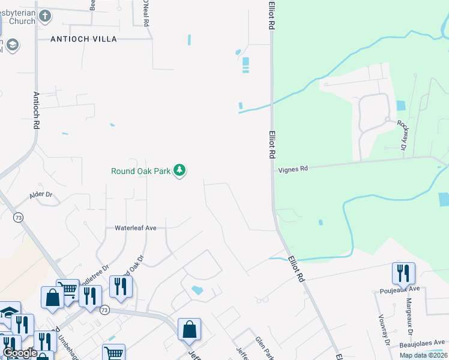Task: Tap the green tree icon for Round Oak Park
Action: click(179, 171)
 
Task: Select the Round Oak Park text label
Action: click(141, 171)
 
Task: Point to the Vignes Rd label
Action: click(293, 169)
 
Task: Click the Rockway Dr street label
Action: click(402, 135)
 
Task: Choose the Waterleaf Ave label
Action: click(135, 228)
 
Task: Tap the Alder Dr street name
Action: click(41, 195)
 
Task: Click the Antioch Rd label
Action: click(37, 110)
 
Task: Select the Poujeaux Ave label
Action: click(397, 289)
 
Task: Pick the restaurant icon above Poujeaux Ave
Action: click(403, 273)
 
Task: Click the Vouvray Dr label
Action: click(384, 330)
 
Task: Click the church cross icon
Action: click(44, 15)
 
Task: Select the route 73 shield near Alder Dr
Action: click(20, 218)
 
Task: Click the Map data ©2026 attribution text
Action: click(423, 355)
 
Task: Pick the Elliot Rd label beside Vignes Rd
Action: click(272, 145)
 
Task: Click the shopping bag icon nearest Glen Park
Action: click(189, 329)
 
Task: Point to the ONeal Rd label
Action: click(145, 12)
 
